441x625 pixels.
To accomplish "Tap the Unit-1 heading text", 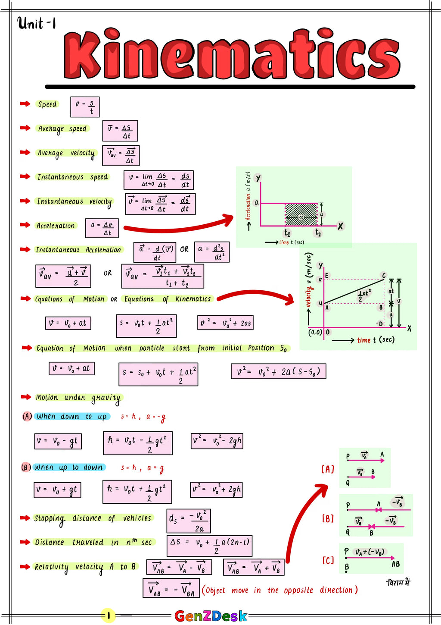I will click(x=37, y=23).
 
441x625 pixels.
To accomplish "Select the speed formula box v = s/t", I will click(x=85, y=107).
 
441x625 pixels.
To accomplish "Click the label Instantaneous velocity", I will click(x=75, y=201).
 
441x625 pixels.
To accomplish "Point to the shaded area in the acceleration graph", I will click(x=301, y=215).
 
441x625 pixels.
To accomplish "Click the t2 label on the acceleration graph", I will click(x=318, y=233).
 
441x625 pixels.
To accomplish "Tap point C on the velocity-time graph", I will click(x=384, y=275).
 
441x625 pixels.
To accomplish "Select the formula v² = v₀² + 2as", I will click(x=226, y=323).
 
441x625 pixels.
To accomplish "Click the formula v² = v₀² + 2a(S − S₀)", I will click(x=278, y=371).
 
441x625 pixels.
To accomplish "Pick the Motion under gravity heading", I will click(x=78, y=398).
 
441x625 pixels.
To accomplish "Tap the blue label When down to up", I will click(x=71, y=416).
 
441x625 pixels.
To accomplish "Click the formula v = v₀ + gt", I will click(x=57, y=490).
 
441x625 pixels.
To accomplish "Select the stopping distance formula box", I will click(x=189, y=521).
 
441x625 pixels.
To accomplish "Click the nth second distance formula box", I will click(x=209, y=546).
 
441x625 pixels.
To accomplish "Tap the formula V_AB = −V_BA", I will click(x=171, y=588).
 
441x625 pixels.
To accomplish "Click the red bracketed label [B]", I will click(x=328, y=518).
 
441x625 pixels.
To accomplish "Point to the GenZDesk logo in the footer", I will click(x=211, y=616).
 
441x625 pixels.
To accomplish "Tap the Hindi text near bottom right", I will click(x=398, y=583).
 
